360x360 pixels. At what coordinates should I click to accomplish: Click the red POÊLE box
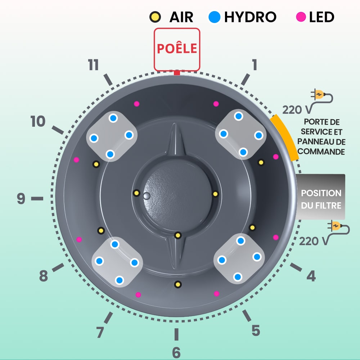(177, 49)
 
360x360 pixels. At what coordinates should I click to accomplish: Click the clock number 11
(93, 65)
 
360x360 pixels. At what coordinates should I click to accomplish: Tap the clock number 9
(21, 198)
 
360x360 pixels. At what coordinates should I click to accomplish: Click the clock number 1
(255, 65)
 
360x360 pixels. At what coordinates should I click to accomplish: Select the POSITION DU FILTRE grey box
(321, 197)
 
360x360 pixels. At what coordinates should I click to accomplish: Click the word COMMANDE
(321, 152)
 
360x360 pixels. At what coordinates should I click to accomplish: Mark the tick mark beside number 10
(58, 130)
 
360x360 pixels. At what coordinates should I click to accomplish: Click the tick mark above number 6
(176, 334)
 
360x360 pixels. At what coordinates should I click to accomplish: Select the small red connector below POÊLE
(176, 73)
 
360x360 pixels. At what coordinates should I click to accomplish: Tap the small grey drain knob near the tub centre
(146, 196)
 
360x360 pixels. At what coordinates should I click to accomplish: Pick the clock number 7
(100, 333)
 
